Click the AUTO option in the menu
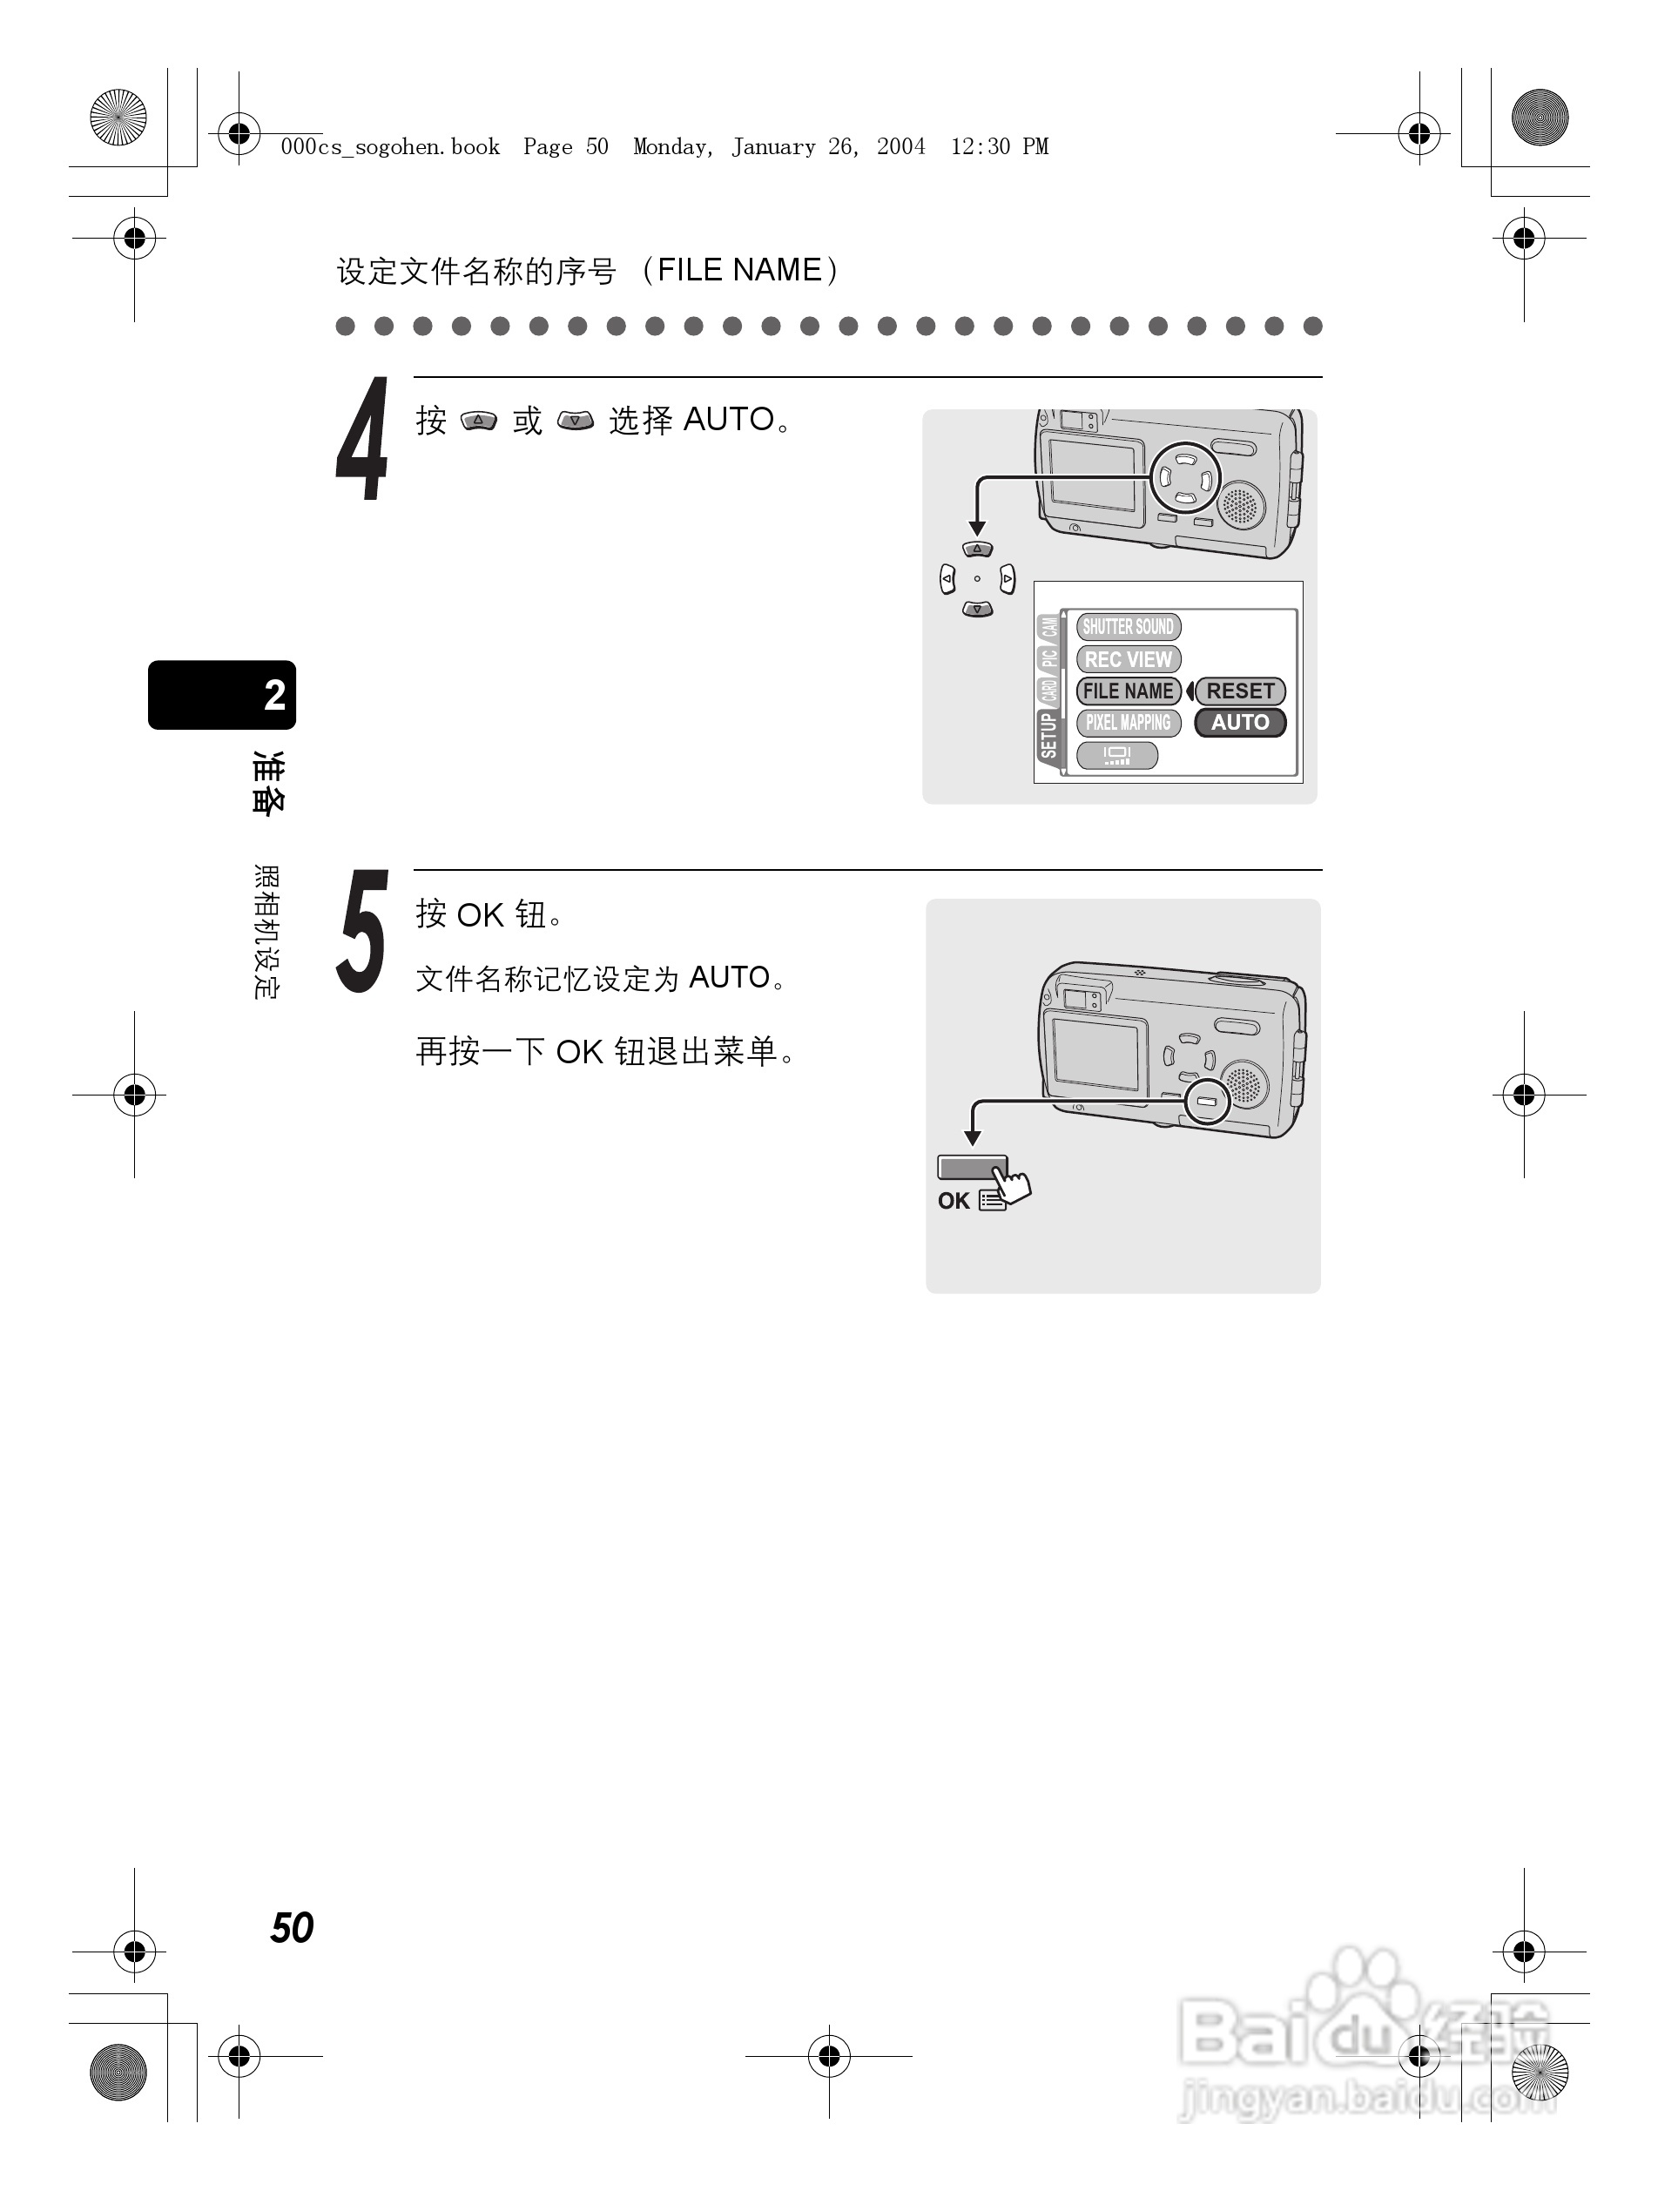(x=1240, y=723)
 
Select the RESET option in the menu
(x=1240, y=691)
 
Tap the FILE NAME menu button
(x=1128, y=691)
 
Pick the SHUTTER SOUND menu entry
(x=1128, y=627)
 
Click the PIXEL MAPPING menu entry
(x=1128, y=723)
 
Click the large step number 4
(x=362, y=440)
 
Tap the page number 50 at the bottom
(x=293, y=1927)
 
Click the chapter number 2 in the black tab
(x=274, y=695)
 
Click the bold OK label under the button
(x=954, y=1202)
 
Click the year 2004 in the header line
(x=900, y=147)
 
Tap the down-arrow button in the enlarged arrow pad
(x=978, y=610)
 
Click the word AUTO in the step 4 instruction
(x=728, y=420)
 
